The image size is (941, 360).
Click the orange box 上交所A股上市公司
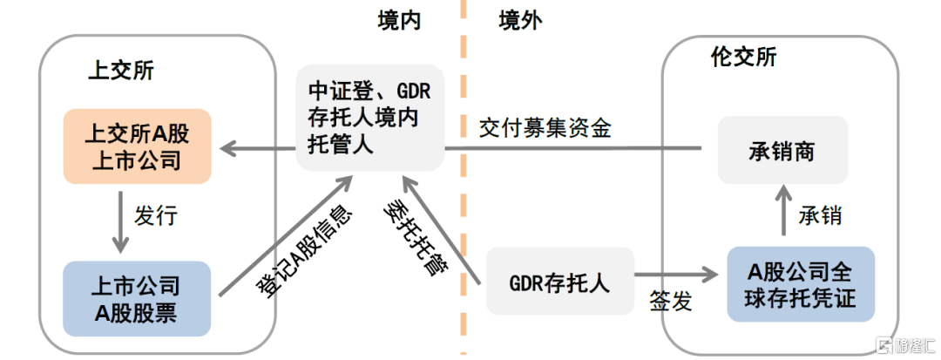[138, 146]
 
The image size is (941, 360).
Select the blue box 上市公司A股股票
[138, 299]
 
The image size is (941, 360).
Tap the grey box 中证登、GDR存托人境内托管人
[370, 118]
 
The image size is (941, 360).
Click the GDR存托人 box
[560, 282]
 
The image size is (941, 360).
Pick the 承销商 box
[782, 150]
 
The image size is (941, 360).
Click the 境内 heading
[399, 21]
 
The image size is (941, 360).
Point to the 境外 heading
[520, 21]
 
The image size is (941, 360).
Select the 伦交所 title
[743, 57]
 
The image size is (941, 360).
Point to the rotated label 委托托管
[414, 238]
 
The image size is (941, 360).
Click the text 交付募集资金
[545, 129]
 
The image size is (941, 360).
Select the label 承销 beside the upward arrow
[820, 215]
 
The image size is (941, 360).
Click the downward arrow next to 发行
[121, 222]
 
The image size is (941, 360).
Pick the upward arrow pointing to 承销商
[782, 211]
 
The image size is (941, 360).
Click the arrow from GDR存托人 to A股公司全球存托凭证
[676, 275]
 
